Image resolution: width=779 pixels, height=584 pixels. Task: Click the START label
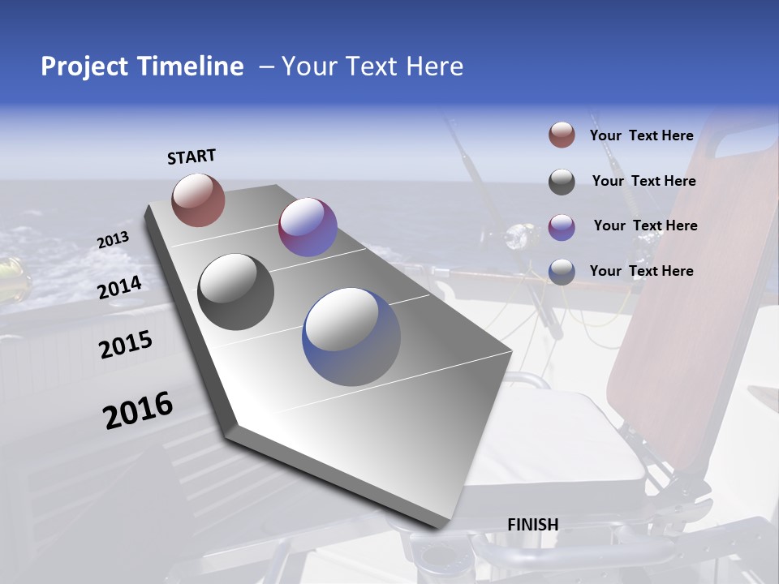(192, 157)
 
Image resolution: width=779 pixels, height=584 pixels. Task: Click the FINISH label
(533, 525)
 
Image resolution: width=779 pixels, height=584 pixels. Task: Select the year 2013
(113, 240)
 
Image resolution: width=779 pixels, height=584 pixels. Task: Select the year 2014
(120, 288)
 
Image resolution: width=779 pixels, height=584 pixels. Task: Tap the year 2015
(126, 345)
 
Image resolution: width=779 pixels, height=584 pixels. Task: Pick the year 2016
(138, 410)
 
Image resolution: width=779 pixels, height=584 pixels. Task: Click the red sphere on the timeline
(198, 200)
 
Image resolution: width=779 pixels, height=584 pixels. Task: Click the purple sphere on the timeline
(308, 227)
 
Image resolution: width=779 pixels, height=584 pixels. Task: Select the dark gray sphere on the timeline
(236, 292)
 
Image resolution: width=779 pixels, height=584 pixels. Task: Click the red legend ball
(562, 135)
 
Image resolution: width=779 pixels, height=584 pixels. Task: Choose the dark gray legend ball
(562, 182)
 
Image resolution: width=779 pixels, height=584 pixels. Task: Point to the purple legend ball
(562, 227)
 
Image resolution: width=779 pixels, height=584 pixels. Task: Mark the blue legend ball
(562, 272)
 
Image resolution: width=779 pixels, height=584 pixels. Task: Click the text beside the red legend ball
(641, 136)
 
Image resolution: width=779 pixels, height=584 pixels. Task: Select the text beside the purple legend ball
(645, 225)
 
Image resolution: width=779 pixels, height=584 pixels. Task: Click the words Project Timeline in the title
(142, 67)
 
